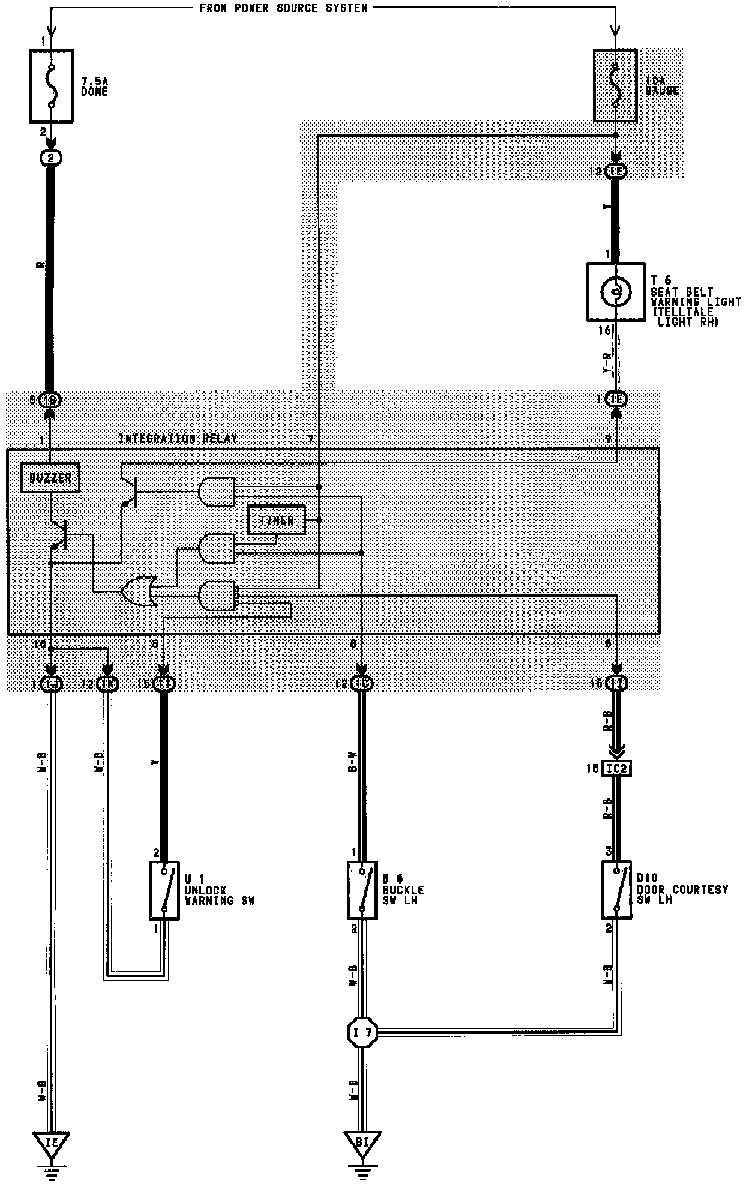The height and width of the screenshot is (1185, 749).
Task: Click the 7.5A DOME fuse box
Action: click(x=52, y=86)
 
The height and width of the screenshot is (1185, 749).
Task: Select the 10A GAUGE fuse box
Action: click(x=615, y=86)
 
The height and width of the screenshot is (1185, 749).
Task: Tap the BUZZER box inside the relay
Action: click(x=50, y=478)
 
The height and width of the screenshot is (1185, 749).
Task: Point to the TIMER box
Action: click(x=276, y=520)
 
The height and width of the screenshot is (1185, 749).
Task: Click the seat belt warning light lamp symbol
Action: click(x=616, y=292)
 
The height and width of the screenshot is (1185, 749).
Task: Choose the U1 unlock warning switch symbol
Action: click(x=164, y=891)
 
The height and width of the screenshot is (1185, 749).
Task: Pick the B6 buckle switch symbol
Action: click(x=362, y=890)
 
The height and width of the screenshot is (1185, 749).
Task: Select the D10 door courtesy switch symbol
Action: click(x=616, y=890)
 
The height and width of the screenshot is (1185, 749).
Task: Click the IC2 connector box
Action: click(x=616, y=768)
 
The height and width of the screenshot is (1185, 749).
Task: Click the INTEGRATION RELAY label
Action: click(x=178, y=439)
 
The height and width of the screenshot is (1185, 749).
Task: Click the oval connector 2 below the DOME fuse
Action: click(x=51, y=158)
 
